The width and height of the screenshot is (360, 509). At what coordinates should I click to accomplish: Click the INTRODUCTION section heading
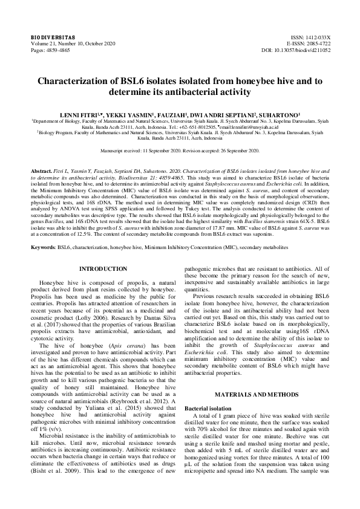(x=103, y=268)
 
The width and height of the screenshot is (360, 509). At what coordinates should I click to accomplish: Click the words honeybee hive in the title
(x=259, y=81)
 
